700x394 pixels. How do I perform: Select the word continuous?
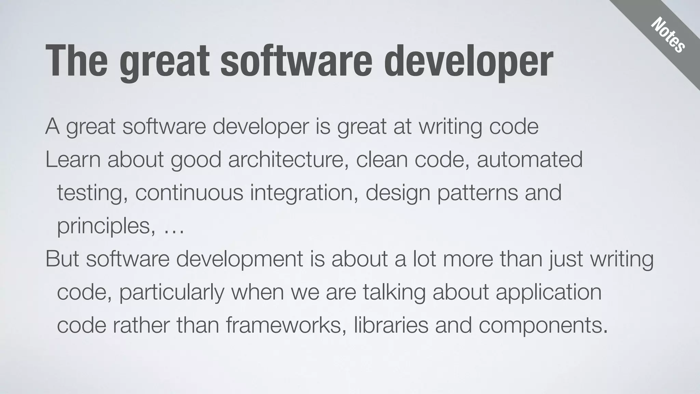[189, 193]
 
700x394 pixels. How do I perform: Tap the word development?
[240, 259]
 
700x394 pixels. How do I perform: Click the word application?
[548, 293]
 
